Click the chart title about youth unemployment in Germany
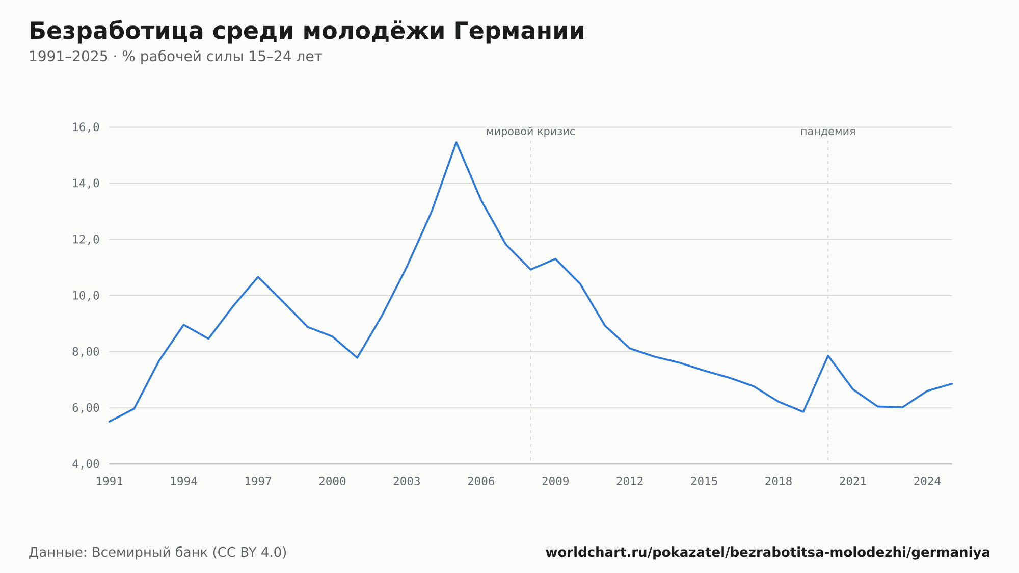[307, 31]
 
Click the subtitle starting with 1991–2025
[175, 57]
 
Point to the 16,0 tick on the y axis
[86, 127]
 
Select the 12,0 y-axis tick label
[86, 240]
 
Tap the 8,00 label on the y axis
[86, 352]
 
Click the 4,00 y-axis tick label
[86, 464]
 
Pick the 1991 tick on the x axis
[110, 482]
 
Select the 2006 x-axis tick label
[481, 482]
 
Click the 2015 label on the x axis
[704, 482]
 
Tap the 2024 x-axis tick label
[927, 482]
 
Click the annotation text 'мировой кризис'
[530, 132]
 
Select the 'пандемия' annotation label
[828, 132]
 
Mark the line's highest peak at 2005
[457, 142]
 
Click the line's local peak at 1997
[258, 277]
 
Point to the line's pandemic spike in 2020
[828, 355]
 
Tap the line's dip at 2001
[357, 357]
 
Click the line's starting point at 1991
[110, 422]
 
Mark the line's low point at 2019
[803, 411]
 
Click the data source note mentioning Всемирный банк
[158, 552]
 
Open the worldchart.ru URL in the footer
[768, 552]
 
